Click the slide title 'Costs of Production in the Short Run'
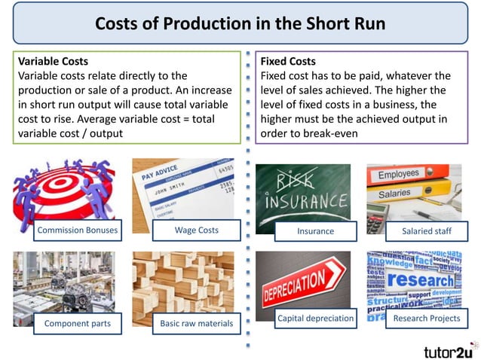point(240,24)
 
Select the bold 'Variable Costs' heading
point(53,61)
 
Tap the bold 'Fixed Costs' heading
point(288,61)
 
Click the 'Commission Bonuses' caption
point(77,230)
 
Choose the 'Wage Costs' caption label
point(196,230)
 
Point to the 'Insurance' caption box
point(315,231)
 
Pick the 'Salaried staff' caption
point(427,231)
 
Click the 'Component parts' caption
point(78,324)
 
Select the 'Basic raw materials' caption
point(196,325)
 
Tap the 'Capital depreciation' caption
point(315,319)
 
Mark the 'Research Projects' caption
point(427,319)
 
